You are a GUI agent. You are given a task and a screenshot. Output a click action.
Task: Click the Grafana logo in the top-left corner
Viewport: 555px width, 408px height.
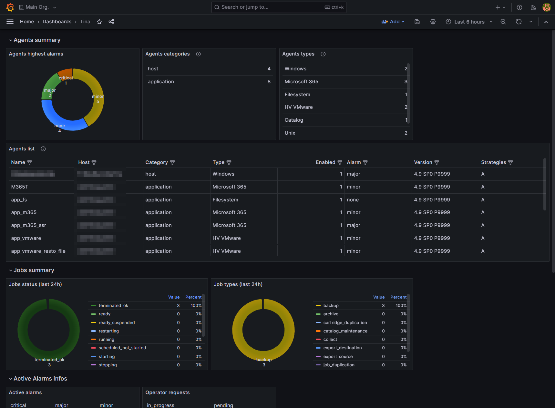[10, 7]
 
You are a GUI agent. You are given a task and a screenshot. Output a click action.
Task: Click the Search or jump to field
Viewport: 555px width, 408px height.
[271, 7]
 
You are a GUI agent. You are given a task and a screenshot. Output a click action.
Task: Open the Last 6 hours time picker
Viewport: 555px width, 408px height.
[469, 22]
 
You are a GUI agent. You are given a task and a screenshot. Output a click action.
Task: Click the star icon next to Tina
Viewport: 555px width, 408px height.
[99, 22]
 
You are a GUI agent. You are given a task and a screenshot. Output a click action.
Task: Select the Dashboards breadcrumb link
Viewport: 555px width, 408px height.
[57, 22]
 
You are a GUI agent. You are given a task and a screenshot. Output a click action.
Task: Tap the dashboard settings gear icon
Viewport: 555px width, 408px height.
[433, 22]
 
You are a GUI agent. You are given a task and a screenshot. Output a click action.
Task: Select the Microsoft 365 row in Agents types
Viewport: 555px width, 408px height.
[301, 82]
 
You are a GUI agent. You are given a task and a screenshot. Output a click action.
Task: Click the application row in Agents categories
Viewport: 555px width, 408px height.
[161, 82]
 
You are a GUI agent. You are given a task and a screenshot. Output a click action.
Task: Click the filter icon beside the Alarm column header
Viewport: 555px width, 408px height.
[365, 163]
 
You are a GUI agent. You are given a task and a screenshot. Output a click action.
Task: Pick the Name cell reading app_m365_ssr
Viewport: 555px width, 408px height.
[28, 225]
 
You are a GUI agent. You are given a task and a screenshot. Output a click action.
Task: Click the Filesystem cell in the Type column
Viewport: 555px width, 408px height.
[225, 200]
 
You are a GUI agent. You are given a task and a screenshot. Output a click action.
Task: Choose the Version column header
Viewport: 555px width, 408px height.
[423, 162]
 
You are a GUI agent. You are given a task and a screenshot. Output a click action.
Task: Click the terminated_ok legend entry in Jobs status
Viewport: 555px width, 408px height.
[113, 306]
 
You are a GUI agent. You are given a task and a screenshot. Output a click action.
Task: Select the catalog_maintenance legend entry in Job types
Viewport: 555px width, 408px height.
[345, 331]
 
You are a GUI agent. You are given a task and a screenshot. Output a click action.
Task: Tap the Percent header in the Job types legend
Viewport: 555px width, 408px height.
[398, 297]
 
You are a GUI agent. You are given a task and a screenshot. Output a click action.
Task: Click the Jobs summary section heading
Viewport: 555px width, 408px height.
[34, 270]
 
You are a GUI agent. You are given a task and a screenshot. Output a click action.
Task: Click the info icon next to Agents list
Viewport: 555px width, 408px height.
[43, 149]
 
